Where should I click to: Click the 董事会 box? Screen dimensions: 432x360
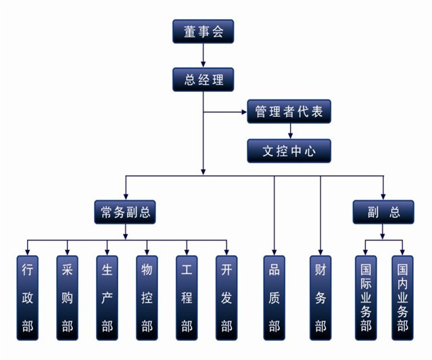pyautogui.click(x=203, y=31)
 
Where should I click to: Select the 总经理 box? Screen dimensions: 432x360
pyautogui.click(x=203, y=79)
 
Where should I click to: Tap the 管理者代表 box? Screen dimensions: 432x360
pyautogui.click(x=289, y=112)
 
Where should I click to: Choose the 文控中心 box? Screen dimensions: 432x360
pyautogui.click(x=289, y=151)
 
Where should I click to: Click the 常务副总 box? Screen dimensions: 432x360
pyautogui.click(x=125, y=212)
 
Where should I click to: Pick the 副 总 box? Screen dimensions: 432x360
pyautogui.click(x=383, y=212)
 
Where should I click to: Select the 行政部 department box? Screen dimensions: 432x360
pyautogui.click(x=28, y=298)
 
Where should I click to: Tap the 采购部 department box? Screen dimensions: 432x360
pyautogui.click(x=67, y=298)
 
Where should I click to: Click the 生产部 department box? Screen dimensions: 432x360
pyautogui.click(x=107, y=298)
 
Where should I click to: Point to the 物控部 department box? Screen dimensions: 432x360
pyautogui.click(x=147, y=298)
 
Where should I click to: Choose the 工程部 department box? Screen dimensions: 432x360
pyautogui.click(x=187, y=298)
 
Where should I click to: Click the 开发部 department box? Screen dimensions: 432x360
pyautogui.click(x=226, y=298)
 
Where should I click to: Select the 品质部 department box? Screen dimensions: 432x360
pyautogui.click(x=274, y=298)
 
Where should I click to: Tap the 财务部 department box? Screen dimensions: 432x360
pyautogui.click(x=320, y=298)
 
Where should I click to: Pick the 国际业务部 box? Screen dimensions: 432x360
pyautogui.click(x=366, y=298)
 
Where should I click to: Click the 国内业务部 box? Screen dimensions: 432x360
pyautogui.click(x=402, y=298)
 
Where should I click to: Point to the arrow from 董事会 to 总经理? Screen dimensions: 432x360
pyautogui.click(x=203, y=55)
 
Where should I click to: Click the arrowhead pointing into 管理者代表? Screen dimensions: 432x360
pyautogui.click(x=244, y=112)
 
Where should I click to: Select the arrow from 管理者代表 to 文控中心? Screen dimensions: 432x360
pyautogui.click(x=291, y=131)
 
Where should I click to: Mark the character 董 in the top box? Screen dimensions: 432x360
pyautogui.click(x=190, y=31)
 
